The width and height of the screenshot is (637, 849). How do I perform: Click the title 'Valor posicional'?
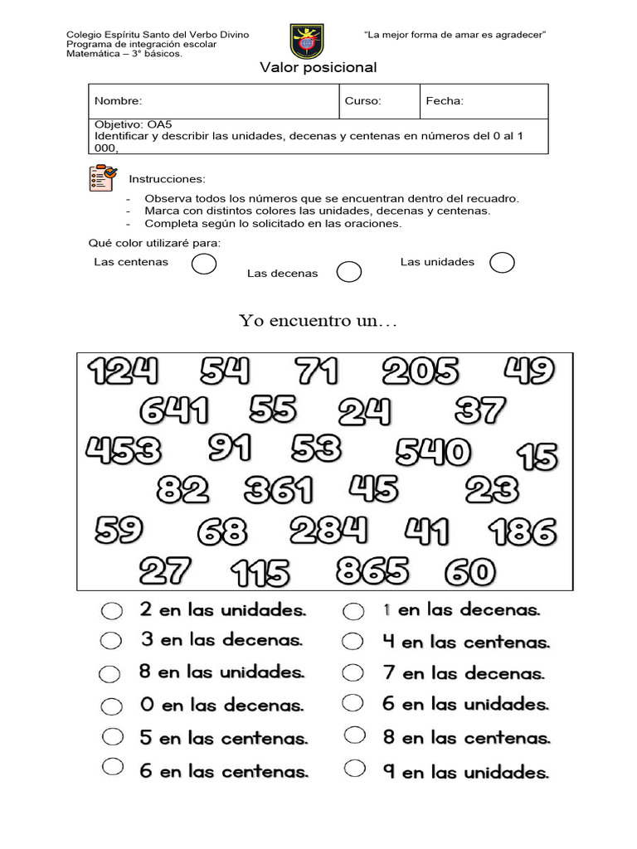[x=318, y=68]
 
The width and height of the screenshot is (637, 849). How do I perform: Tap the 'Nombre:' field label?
[x=118, y=101]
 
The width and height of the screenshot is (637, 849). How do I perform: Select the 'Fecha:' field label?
[x=445, y=101]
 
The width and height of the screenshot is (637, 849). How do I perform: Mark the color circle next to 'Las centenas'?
[x=204, y=264]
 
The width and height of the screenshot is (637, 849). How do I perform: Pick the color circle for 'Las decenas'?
[x=349, y=272]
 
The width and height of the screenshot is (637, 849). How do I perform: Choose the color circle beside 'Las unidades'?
[x=502, y=263]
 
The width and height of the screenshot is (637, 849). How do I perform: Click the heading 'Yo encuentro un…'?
[x=318, y=321]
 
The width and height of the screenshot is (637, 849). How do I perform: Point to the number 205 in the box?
[x=421, y=372]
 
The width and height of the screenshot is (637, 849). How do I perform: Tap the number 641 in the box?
[x=174, y=410]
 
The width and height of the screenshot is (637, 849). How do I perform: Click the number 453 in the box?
[x=124, y=452]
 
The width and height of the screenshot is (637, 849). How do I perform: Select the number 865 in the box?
[x=372, y=570]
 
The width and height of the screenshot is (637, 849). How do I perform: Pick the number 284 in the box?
[x=328, y=530]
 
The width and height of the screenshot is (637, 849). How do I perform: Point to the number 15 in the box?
[x=537, y=456]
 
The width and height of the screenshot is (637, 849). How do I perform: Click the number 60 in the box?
[x=470, y=572]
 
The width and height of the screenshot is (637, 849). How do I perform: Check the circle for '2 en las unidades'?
[x=111, y=611]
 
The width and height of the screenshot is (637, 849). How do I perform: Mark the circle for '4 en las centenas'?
[x=353, y=642]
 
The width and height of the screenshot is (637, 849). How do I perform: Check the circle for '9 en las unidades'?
[x=354, y=769]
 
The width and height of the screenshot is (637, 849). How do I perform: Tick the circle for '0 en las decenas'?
[x=111, y=706]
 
